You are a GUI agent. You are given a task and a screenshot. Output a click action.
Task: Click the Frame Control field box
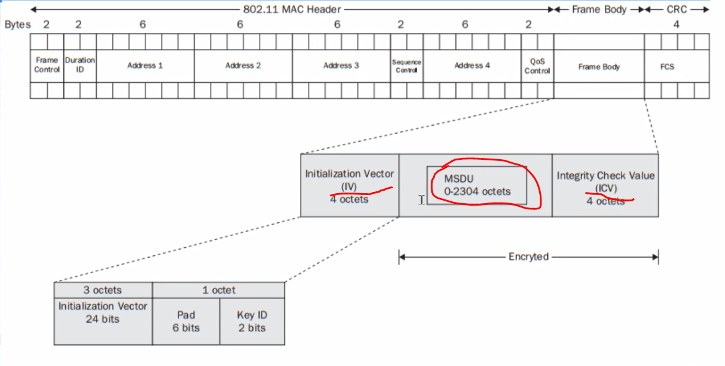click(47, 65)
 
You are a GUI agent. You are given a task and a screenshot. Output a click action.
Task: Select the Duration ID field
click(80, 65)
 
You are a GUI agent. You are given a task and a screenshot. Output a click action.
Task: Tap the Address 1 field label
click(145, 65)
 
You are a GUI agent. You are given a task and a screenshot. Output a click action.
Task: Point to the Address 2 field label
click(243, 65)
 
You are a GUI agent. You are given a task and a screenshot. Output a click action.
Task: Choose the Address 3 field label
click(341, 65)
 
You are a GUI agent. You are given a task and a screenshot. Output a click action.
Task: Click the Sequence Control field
click(406, 65)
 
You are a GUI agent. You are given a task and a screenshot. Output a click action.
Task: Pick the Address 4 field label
click(472, 65)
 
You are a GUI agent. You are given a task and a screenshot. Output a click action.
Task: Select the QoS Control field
click(537, 65)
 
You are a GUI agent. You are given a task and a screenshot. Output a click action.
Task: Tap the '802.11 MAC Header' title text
click(291, 10)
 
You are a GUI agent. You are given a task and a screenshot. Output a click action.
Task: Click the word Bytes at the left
click(17, 25)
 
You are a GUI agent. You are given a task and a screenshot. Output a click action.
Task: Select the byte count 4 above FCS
click(676, 25)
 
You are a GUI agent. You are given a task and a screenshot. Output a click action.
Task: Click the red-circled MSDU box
click(477, 185)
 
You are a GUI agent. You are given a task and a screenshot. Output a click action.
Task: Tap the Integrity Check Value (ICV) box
click(605, 185)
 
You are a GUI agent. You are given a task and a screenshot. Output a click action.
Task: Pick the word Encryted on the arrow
click(528, 256)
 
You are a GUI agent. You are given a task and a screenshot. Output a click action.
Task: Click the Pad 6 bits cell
click(186, 321)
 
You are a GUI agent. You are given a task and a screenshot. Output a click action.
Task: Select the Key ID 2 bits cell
click(252, 321)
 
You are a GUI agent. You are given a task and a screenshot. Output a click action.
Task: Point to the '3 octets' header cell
click(103, 290)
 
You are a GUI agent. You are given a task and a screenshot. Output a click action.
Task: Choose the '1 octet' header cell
click(219, 290)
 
